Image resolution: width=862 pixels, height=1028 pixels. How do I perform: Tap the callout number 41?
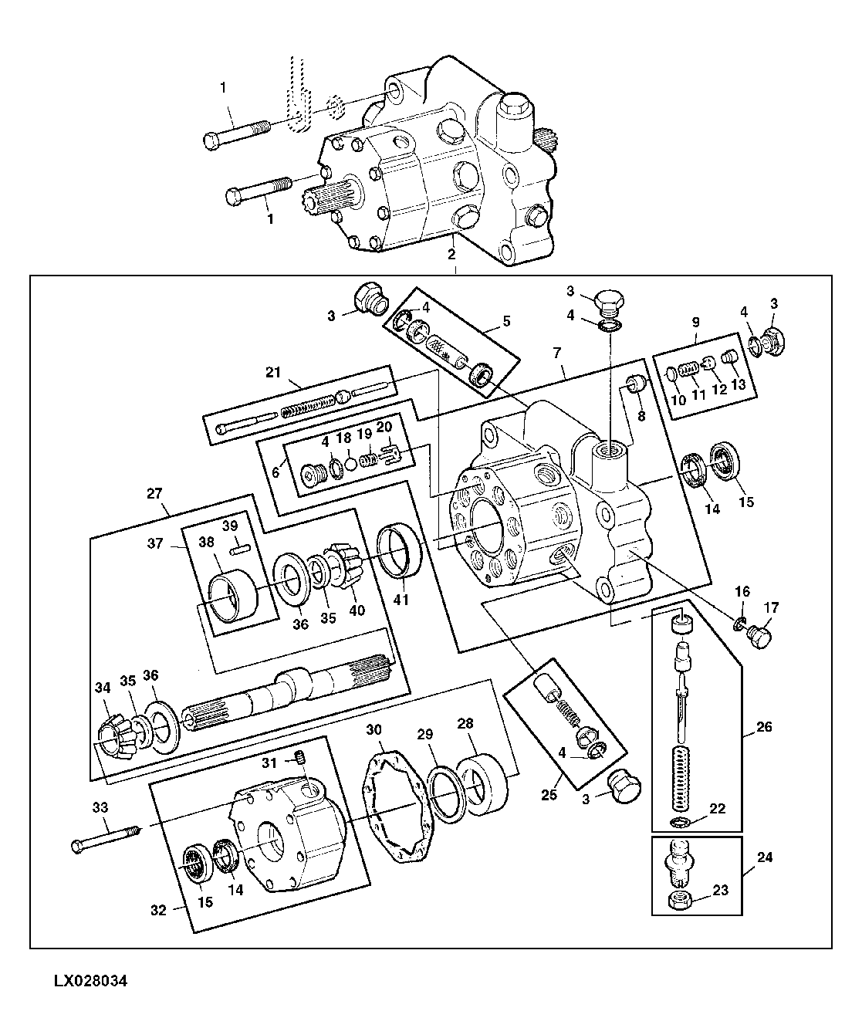point(401,600)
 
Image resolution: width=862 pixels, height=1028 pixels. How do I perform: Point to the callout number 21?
point(273,372)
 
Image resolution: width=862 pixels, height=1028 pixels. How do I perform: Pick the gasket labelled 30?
point(400,807)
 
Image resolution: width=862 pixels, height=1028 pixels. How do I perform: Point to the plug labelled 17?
point(759,637)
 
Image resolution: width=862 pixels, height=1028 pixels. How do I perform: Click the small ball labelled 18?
point(350,465)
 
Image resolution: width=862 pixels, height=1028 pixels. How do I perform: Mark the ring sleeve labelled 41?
point(399,550)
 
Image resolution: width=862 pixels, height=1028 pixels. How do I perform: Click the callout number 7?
point(556,353)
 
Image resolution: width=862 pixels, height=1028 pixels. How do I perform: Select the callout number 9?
point(695,323)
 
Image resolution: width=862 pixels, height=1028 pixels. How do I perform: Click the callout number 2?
point(451,255)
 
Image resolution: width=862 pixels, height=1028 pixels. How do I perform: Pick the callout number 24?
point(765,857)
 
